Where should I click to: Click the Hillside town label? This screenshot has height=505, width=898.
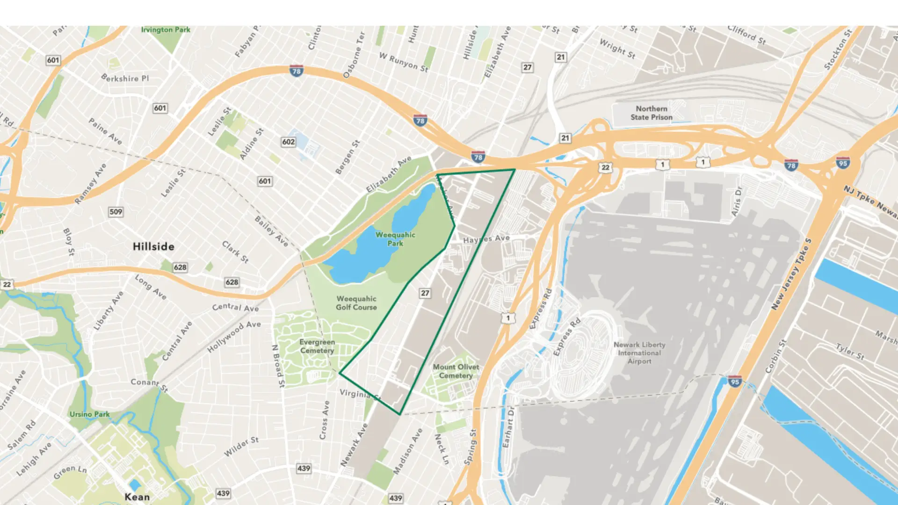[x=153, y=246]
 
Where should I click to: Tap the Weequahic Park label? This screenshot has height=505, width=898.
[x=395, y=239]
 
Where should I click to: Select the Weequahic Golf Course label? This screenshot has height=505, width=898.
[x=356, y=303]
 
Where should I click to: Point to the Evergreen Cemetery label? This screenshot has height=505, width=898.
[x=317, y=346]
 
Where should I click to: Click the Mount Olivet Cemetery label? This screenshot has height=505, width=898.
[x=456, y=371]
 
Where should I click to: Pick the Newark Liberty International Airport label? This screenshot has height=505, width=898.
[x=639, y=353]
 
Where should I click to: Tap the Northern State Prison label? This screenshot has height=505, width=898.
[x=652, y=113]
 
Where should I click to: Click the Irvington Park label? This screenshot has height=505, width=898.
[x=166, y=30]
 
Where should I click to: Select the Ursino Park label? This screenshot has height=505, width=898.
[x=90, y=414]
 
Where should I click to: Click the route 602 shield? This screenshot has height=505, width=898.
[x=288, y=142]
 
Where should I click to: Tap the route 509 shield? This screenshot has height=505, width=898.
[x=116, y=212]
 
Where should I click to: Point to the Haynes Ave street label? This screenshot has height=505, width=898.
[x=486, y=239]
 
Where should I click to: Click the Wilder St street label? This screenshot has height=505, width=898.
[x=241, y=447]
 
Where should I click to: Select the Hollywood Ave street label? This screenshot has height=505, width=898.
[x=234, y=337]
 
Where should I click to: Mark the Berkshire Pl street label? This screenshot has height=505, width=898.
[x=125, y=78]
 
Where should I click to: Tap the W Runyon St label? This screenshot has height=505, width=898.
[x=404, y=62]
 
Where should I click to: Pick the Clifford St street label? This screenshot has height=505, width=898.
[x=746, y=35]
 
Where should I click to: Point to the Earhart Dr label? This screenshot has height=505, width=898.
[x=508, y=427]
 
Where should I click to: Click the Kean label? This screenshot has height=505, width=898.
[x=137, y=497]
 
